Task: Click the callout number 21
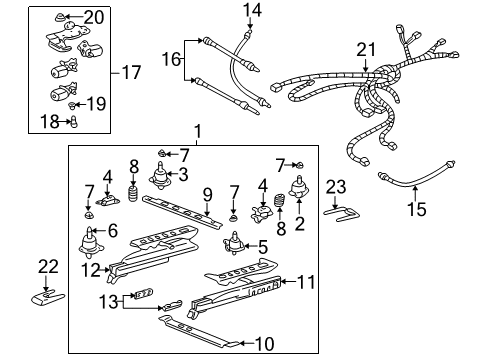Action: [x=367, y=49]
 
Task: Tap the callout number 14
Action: [x=250, y=10]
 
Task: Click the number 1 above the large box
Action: [x=198, y=131]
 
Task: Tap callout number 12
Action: [x=89, y=269]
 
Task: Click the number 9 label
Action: [x=209, y=193]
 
